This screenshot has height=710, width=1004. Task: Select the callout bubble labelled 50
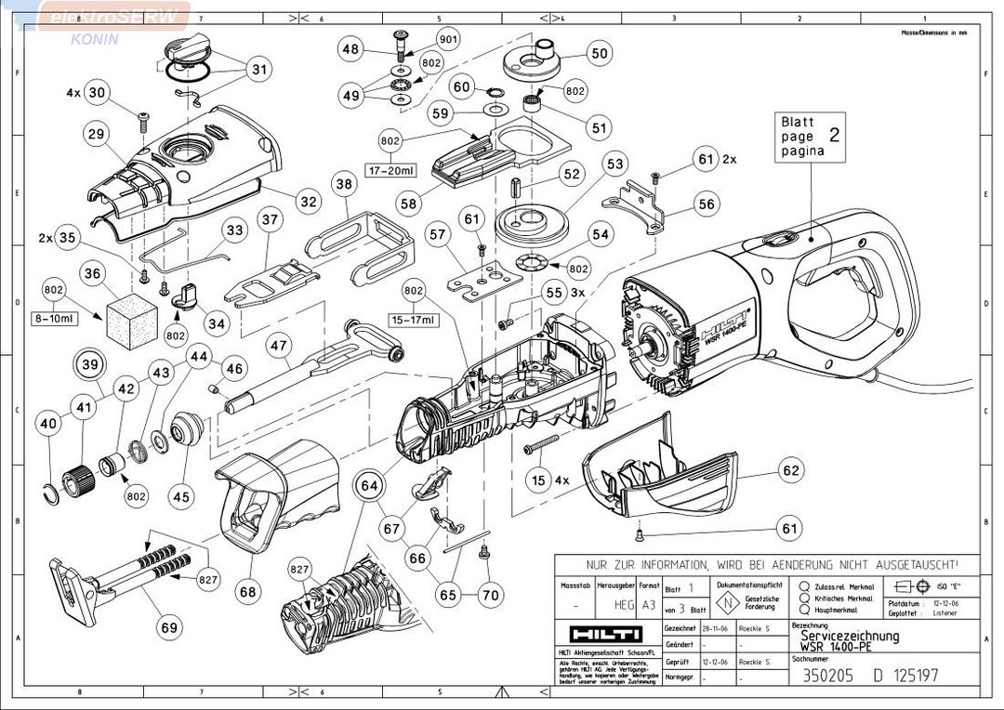pyautogui.click(x=599, y=54)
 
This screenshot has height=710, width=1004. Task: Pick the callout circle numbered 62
pyautogui.click(x=790, y=471)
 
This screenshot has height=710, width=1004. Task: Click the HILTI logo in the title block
pyautogui.click(x=604, y=634)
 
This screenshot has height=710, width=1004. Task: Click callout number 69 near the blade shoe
pyautogui.click(x=168, y=628)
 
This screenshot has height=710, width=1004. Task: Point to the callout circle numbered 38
pyautogui.click(x=344, y=185)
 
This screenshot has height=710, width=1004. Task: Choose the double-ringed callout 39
pyautogui.click(x=90, y=365)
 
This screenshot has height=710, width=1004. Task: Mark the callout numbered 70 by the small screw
pyautogui.click(x=491, y=593)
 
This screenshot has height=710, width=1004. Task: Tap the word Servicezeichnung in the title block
pyautogui.click(x=850, y=637)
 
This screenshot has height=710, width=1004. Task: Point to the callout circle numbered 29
pyautogui.click(x=95, y=135)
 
